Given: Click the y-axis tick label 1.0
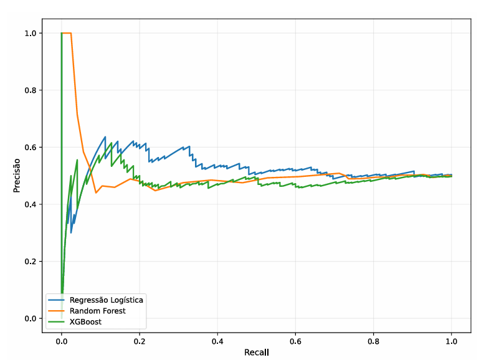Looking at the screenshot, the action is [31, 33].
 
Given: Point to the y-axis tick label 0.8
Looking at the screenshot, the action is [31, 90].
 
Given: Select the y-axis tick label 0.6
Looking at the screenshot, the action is [31, 147].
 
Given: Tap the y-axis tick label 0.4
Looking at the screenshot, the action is [31, 204].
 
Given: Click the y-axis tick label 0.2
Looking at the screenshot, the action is [31, 261].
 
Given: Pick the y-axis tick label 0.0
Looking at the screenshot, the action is [31, 318].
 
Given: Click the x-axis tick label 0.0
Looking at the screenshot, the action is [62, 341].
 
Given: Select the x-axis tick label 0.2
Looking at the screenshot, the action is [140, 341].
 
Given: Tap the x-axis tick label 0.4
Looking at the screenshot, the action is [217, 341].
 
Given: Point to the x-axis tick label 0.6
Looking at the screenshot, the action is [295, 341].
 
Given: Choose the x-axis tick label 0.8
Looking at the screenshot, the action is [373, 341].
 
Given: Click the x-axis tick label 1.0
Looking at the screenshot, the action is [452, 341].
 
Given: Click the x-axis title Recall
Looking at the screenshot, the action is [257, 352].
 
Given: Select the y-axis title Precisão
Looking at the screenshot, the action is [17, 176].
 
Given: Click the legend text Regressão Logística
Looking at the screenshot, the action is [106, 300].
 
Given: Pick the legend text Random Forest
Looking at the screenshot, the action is [98, 311].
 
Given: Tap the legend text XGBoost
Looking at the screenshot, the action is [86, 322].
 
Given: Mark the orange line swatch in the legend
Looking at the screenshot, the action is [57, 311].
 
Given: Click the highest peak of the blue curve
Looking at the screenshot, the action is [105, 136].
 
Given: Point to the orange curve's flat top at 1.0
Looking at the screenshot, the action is [67, 33].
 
